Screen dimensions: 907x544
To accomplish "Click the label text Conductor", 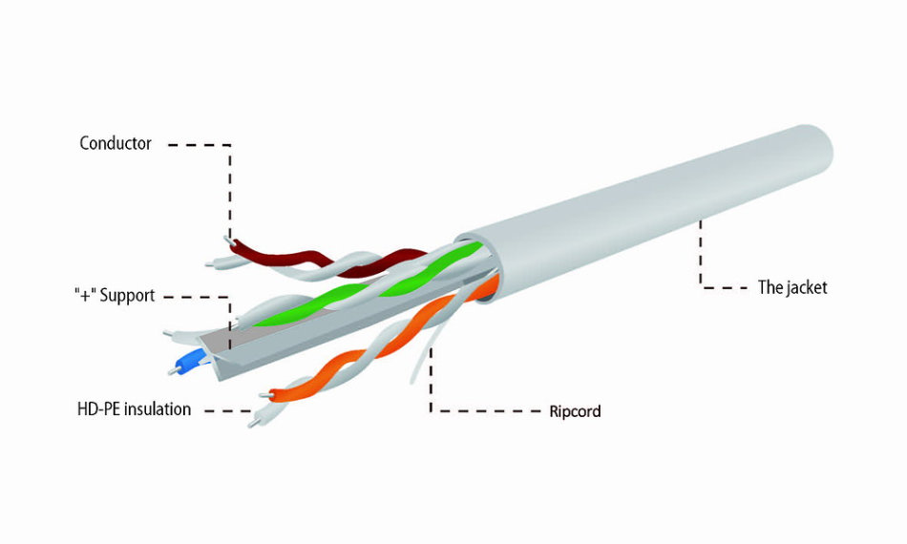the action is [x=116, y=143].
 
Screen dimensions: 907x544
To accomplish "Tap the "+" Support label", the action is [x=115, y=296].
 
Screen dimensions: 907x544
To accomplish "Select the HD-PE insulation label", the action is [x=134, y=409].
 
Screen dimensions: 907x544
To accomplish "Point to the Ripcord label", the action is [x=575, y=411].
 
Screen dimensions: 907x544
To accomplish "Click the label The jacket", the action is [x=792, y=287].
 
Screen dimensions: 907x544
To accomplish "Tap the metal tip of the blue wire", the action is [x=173, y=370].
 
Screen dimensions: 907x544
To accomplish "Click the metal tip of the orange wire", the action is [x=265, y=395].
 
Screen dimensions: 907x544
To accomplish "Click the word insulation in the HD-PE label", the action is [x=158, y=409].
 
